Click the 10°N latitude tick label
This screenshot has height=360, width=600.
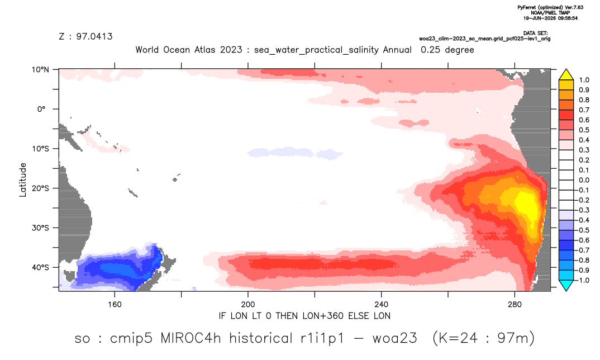(x=40, y=70)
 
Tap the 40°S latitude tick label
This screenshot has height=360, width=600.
(x=40, y=267)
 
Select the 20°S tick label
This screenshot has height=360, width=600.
(x=40, y=188)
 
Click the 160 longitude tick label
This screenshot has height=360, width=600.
(x=115, y=305)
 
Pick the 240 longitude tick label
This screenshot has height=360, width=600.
(x=382, y=305)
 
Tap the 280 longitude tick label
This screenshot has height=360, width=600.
(x=515, y=305)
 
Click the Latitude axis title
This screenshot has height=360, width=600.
(x=23, y=180)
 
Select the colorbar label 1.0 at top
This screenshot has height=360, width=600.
(x=584, y=80)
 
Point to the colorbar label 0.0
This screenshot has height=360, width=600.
(x=584, y=180)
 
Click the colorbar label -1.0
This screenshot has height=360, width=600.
(x=582, y=280)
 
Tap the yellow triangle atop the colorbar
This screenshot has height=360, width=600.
(x=566, y=75)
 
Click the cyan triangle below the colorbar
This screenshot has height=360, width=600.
(x=566, y=286)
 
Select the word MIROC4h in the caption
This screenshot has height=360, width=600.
(x=191, y=339)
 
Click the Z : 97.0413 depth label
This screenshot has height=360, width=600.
(x=85, y=37)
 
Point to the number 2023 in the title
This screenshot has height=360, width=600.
(x=231, y=50)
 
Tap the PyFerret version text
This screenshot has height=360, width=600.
(x=551, y=7)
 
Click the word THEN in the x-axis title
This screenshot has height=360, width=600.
(x=287, y=316)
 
